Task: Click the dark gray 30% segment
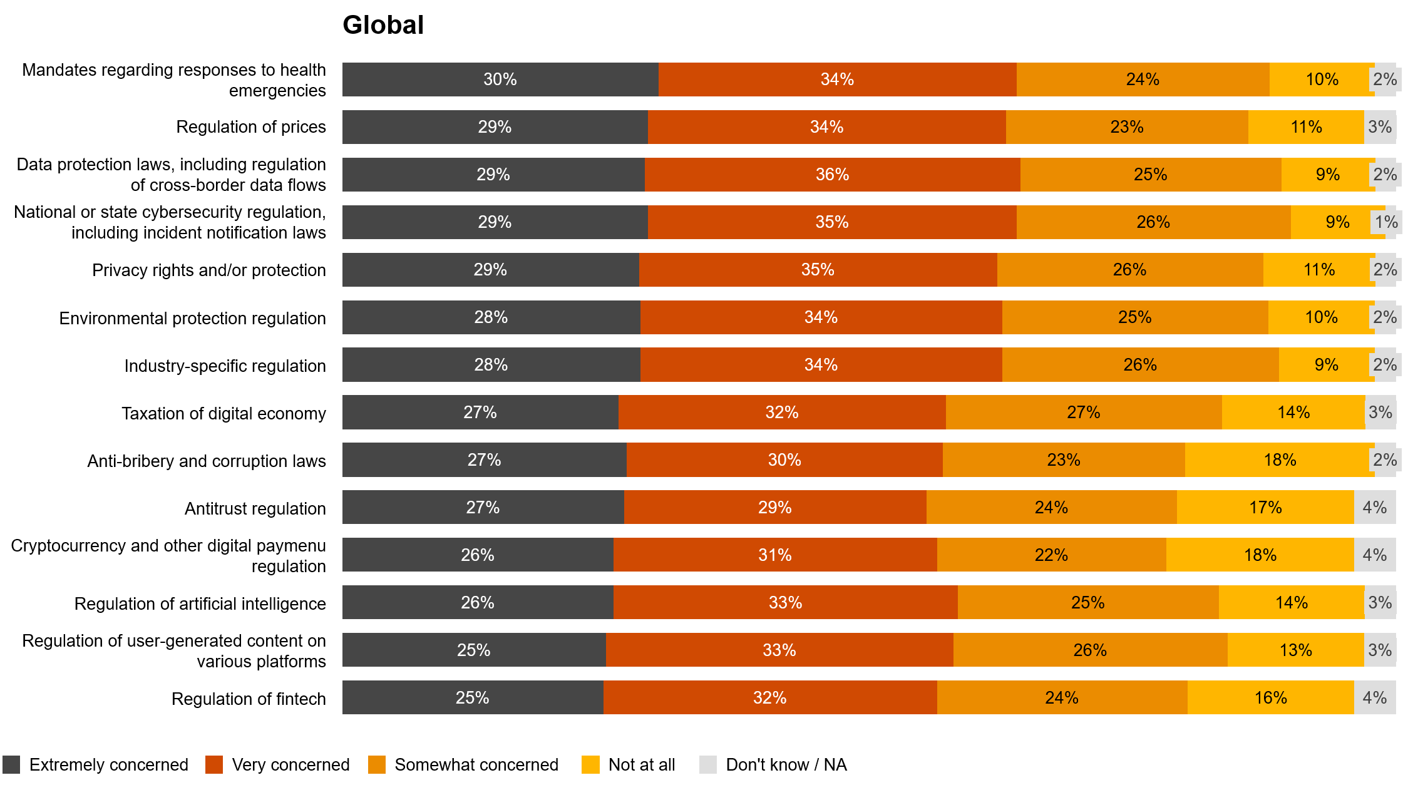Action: point(500,80)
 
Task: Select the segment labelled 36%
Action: point(832,175)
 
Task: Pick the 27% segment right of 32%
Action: point(1083,413)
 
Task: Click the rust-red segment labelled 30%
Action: point(784,460)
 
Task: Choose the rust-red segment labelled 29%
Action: point(775,508)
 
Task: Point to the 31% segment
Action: point(775,555)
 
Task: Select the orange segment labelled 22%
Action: point(1051,555)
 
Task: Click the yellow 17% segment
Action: point(1265,508)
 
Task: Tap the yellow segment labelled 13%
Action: point(1295,650)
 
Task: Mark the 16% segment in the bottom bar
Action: point(1270,698)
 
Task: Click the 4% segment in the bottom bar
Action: point(1375,698)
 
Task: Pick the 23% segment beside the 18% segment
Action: point(1064,460)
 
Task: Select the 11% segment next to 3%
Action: point(1306,127)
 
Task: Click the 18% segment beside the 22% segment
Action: point(1260,555)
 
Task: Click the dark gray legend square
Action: point(11,764)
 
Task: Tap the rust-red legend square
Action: point(214,764)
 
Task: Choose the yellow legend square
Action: point(590,764)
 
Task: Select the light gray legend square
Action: point(708,764)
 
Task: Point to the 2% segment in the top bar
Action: point(1385,80)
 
